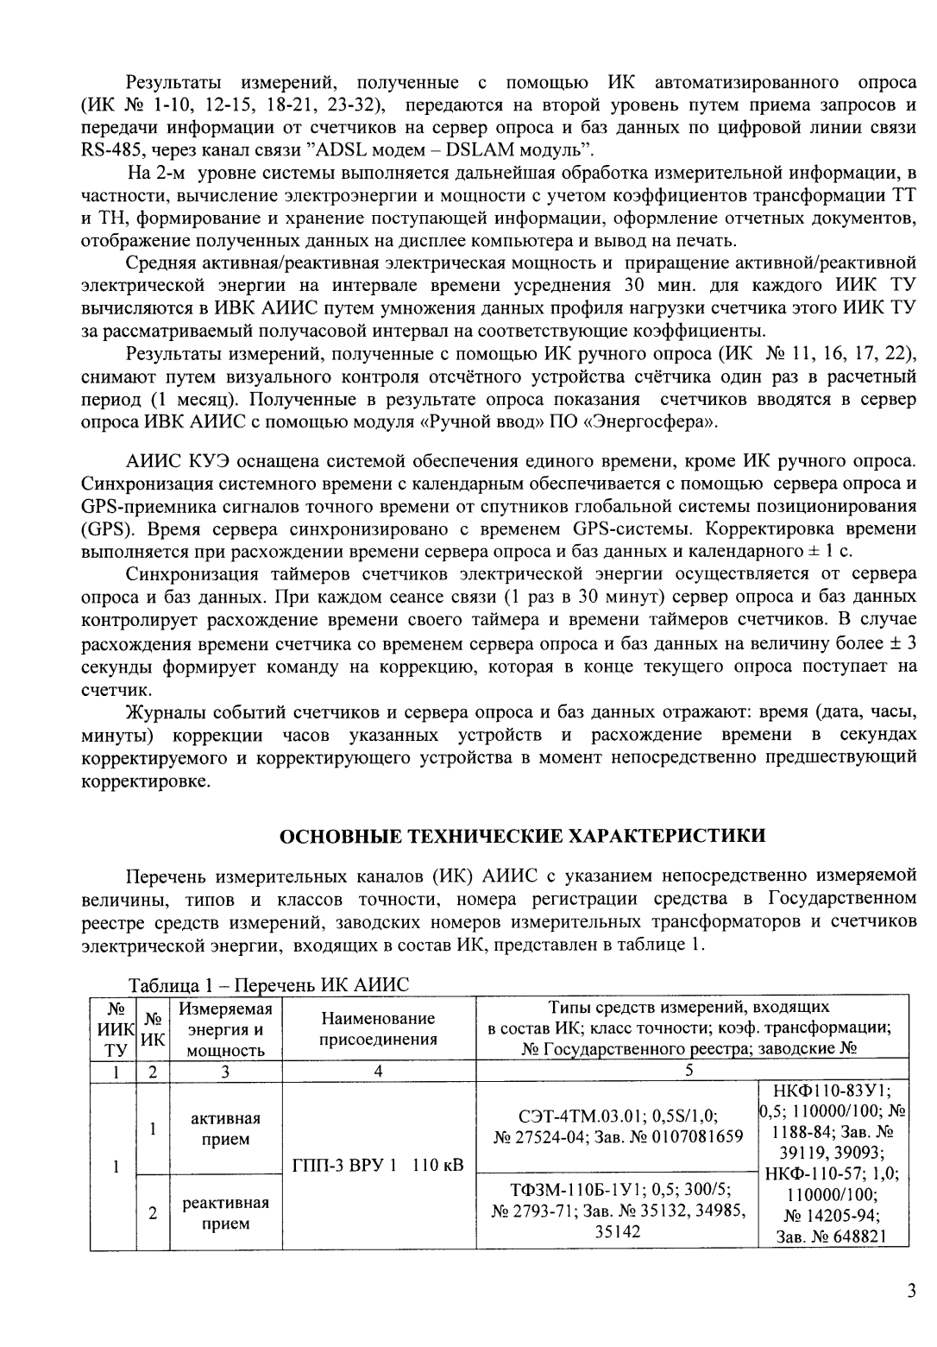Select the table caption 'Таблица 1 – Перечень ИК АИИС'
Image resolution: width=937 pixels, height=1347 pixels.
[x=267, y=985]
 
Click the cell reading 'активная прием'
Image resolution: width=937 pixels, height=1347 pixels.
[x=225, y=1129]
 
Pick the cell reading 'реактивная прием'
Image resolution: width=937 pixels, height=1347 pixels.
[x=225, y=1212]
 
